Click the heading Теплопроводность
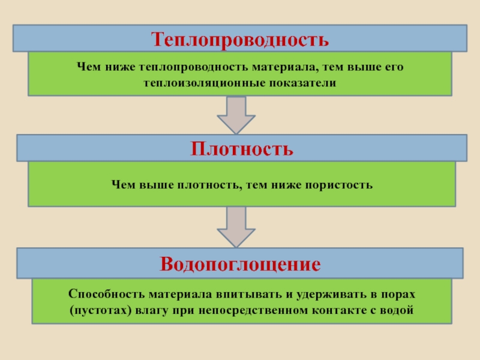(x=240, y=40)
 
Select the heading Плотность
(x=242, y=148)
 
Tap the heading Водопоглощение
(x=239, y=264)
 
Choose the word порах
(x=399, y=295)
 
